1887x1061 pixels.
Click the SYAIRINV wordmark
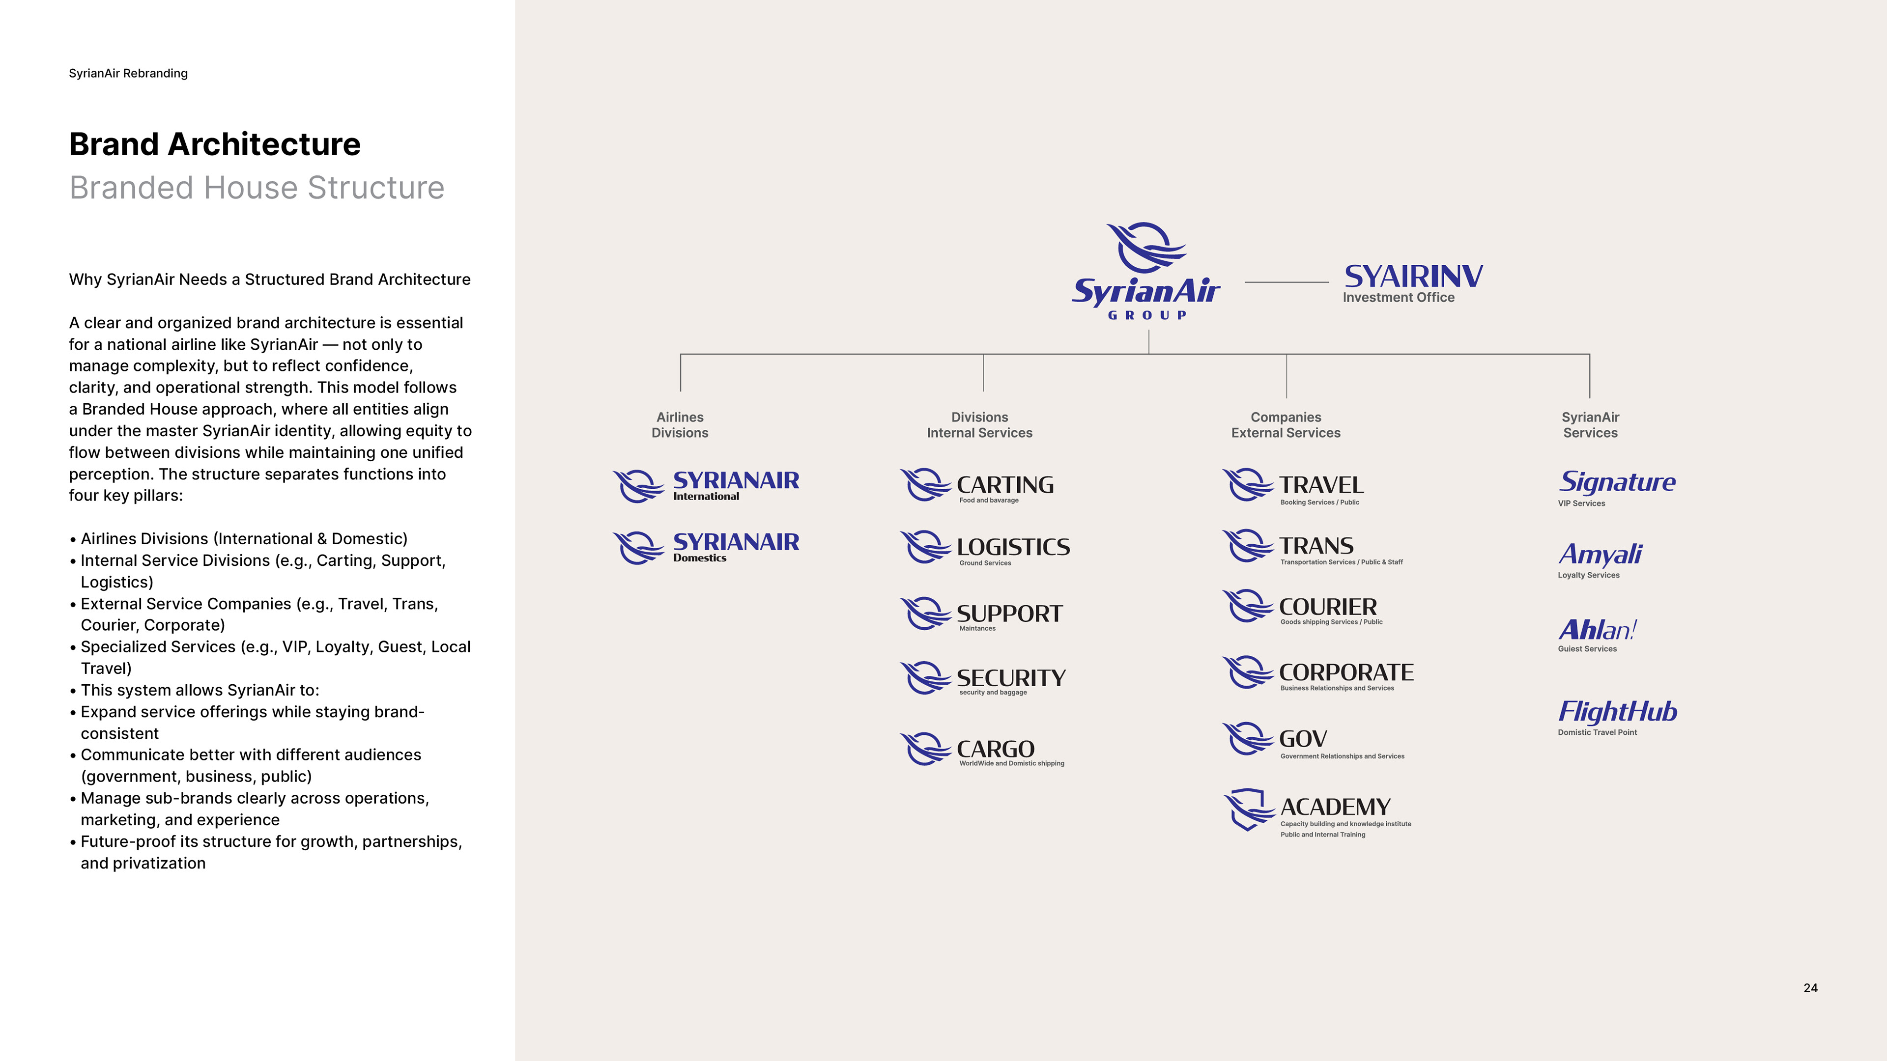[1413, 276]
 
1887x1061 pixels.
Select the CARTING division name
[1005, 485]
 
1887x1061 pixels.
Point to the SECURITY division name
[1011, 678]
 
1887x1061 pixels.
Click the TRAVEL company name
[1321, 485]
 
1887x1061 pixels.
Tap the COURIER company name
[1327, 607]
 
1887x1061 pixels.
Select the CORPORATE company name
[1345, 672]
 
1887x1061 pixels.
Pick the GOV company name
[1302, 739]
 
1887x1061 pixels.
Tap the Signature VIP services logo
[1617, 482]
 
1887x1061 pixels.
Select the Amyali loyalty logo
[1600, 554]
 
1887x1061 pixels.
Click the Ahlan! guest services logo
[1597, 630]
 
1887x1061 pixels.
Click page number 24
[1810, 988]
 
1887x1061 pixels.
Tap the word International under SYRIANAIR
[706, 497]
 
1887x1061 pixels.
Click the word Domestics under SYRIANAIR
[700, 558]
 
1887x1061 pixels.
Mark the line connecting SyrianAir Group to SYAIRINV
[1287, 282]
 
